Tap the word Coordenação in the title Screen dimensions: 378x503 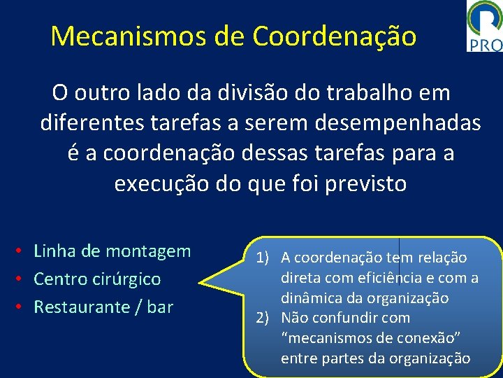pyautogui.click(x=335, y=36)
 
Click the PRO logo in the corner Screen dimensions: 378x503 pyautogui.click(x=484, y=27)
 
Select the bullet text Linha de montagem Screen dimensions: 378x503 pyautogui.click(x=112, y=251)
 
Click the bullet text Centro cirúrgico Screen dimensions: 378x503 pyautogui.click(x=97, y=279)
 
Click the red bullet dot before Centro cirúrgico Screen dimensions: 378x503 pyautogui.click(x=23, y=279)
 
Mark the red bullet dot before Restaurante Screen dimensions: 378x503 pyautogui.click(x=23, y=307)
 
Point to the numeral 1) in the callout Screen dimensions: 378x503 pyautogui.click(x=263, y=258)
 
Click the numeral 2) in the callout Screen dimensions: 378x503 pyautogui.click(x=263, y=318)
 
